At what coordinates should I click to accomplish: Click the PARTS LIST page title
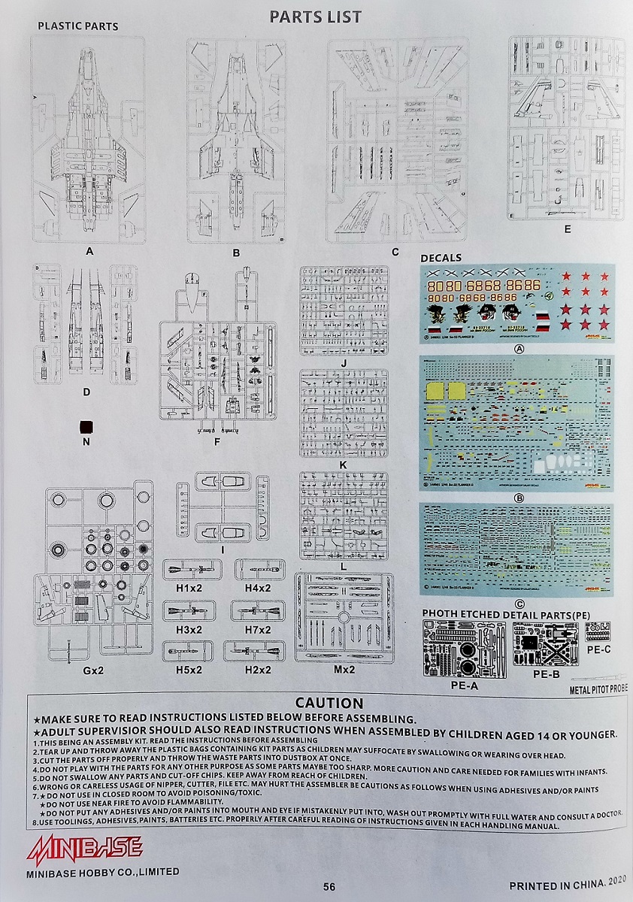pyautogui.click(x=316, y=17)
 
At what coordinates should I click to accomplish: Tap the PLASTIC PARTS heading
pyautogui.click(x=77, y=26)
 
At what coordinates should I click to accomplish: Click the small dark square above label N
pyautogui.click(x=86, y=426)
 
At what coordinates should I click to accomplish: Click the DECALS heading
pyautogui.click(x=441, y=259)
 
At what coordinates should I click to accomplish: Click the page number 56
pyautogui.click(x=329, y=885)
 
